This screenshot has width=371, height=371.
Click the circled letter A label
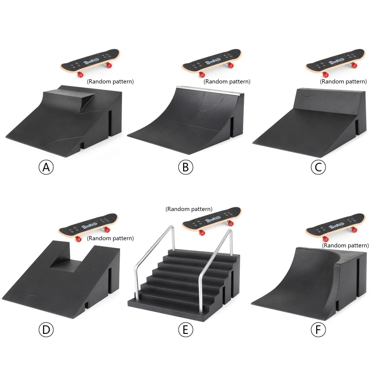click(x=46, y=167)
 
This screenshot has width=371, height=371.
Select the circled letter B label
click(x=185, y=167)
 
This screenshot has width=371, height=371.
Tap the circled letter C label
click(x=318, y=167)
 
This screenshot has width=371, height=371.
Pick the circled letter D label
click(x=46, y=330)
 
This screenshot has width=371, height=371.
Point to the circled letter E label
click(x=185, y=330)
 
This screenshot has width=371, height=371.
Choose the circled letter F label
click(x=318, y=330)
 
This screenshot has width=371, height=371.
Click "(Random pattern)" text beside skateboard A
click(x=110, y=81)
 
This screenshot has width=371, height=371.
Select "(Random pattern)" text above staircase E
click(x=189, y=209)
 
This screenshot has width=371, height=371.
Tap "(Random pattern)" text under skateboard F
click(x=345, y=245)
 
